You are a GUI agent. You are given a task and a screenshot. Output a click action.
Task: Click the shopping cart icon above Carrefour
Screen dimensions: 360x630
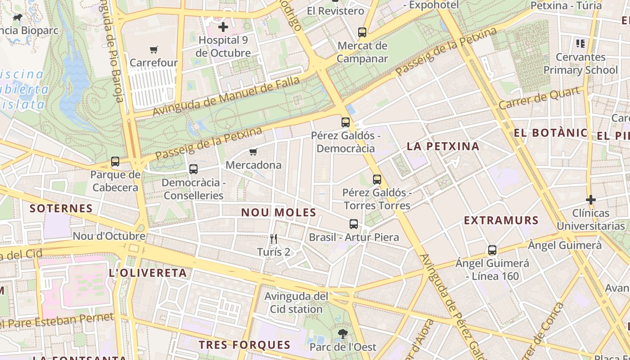tap(154, 49)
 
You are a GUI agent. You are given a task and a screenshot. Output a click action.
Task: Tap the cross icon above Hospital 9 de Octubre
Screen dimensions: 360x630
tap(223, 27)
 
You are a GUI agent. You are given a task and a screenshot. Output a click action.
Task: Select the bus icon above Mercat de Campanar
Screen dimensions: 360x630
tap(362, 32)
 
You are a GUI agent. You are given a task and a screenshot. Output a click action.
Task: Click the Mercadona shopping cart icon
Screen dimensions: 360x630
tap(253, 152)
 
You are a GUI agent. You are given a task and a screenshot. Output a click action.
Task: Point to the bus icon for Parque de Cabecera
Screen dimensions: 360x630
tap(115, 162)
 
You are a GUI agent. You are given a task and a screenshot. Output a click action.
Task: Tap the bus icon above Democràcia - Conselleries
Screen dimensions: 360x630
tap(193, 169)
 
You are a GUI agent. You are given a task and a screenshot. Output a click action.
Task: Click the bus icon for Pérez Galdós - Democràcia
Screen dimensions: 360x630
tap(346, 122)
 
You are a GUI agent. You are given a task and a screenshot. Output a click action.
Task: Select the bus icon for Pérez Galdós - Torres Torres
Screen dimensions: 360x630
tap(377, 180)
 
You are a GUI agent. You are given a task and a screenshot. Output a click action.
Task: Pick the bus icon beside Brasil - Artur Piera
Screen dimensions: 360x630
tap(354, 224)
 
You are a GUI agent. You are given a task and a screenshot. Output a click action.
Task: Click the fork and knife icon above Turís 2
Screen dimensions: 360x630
tap(273, 238)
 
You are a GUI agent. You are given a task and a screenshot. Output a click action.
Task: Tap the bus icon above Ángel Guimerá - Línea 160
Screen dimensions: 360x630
tap(492, 250)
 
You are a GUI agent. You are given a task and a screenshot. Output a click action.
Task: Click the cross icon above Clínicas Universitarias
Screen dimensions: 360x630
tap(591, 199)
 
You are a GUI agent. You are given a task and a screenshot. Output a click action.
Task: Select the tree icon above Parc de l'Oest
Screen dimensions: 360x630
tap(343, 333)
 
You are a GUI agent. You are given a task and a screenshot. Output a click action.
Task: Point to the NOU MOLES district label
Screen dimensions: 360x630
tap(279, 212)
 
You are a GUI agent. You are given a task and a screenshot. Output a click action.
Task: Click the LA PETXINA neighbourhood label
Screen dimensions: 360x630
tap(443, 146)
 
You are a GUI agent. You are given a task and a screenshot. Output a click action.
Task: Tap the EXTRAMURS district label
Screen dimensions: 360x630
tap(501, 220)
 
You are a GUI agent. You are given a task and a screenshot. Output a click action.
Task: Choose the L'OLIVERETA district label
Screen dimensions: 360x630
tap(148, 273)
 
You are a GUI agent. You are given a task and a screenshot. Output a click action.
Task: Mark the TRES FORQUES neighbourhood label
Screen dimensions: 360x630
tap(245, 345)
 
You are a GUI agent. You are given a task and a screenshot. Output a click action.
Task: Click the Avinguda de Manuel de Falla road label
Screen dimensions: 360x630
tap(226, 96)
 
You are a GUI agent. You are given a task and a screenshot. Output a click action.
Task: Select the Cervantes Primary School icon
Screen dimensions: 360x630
tap(580, 44)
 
